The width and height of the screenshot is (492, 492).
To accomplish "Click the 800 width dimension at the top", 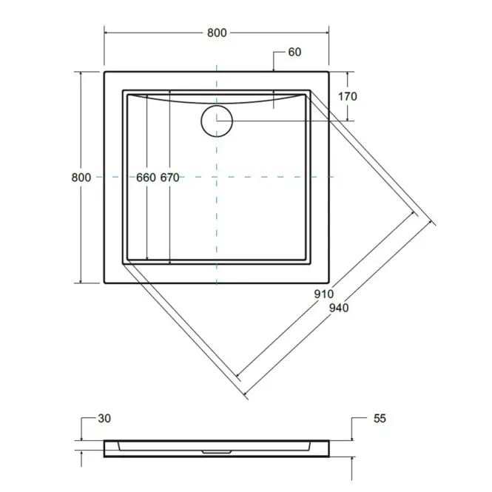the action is (x=217, y=33).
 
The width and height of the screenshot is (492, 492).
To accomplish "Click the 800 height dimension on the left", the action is (x=81, y=178).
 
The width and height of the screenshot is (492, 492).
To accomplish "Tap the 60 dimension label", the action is (x=294, y=52).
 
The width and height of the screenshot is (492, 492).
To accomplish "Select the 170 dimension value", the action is (x=347, y=96).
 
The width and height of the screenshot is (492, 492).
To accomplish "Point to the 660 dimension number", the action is (x=146, y=178).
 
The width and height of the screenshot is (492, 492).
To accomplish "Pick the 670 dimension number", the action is (x=169, y=178).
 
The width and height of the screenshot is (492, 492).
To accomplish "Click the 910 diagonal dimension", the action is (x=324, y=294).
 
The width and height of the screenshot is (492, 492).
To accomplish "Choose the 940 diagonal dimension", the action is (x=339, y=308).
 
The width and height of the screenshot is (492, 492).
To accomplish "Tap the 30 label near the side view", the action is (x=104, y=418).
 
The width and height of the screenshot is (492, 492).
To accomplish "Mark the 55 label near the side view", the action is (x=380, y=418).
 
